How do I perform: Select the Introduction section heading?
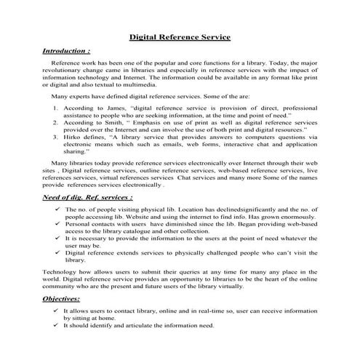[x=65, y=52]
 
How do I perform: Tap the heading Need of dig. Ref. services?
[x=87, y=197]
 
